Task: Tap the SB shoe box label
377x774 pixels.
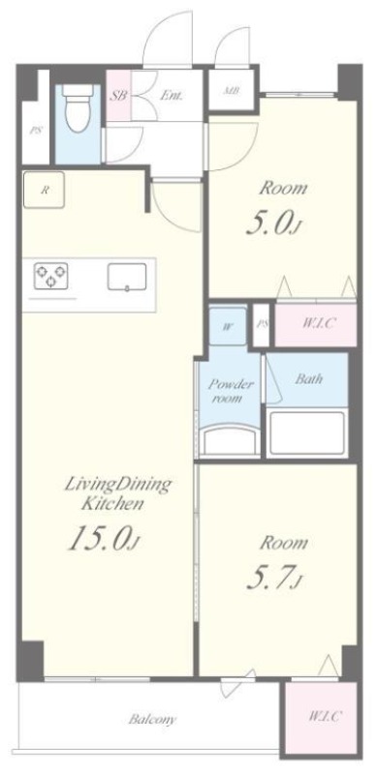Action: point(117,95)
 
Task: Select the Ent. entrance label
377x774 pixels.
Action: point(171,95)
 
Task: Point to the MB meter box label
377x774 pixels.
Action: point(231,91)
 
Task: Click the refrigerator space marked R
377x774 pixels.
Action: point(44,190)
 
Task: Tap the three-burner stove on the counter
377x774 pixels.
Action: point(51,276)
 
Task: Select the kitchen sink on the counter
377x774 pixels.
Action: point(127,277)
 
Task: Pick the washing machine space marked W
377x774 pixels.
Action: point(228,326)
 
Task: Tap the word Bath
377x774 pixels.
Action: point(309,379)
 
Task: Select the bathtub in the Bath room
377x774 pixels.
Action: point(307,432)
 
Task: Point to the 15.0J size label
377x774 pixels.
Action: point(105,539)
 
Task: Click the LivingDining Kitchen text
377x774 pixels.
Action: point(117,493)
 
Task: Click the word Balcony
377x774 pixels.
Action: point(152,719)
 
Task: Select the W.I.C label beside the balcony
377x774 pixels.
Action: point(324,716)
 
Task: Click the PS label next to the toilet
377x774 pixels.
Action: point(35,132)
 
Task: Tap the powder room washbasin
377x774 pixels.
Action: point(229,439)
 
